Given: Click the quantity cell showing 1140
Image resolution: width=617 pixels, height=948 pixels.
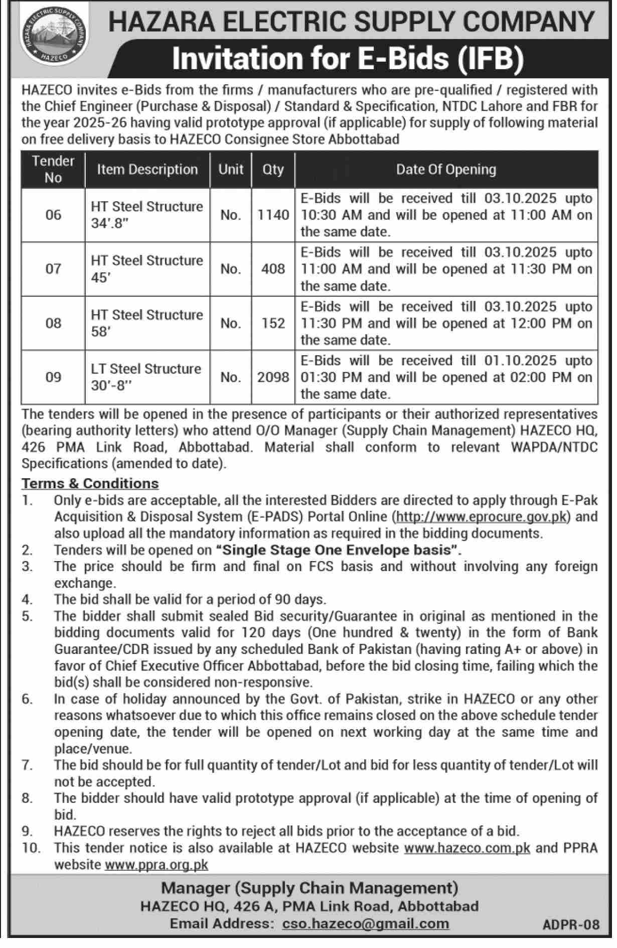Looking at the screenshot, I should pos(273,215).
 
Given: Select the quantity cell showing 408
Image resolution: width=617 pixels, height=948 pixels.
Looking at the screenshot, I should pos(273,269).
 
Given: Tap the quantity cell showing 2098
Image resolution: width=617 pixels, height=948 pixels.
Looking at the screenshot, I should pos(273,377).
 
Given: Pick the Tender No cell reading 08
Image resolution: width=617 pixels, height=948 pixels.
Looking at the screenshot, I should pos(53,323).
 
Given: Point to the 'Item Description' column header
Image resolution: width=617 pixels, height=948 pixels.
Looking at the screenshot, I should pos(147,170).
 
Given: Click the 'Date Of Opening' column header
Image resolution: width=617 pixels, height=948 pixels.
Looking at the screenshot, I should pos(446,170).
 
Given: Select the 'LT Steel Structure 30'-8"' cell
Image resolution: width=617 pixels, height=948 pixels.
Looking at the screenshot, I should pos(146,377).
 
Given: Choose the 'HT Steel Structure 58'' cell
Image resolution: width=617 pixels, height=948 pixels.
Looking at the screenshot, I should pos(147,323).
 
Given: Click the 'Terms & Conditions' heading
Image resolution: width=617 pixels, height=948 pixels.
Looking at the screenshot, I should pos(90,483).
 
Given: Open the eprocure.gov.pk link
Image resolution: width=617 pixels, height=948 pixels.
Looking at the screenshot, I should pos(482,516).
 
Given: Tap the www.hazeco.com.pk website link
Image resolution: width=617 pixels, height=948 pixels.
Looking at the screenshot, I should pos(467,848).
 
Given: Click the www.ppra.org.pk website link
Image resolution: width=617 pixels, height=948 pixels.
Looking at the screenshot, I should pos(156,865).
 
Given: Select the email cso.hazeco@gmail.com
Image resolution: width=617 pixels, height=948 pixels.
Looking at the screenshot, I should pos(366,924).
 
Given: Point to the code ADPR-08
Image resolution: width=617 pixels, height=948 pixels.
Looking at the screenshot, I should pos(571,925).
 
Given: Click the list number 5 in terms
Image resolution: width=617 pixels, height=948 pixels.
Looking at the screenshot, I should pos(27,616).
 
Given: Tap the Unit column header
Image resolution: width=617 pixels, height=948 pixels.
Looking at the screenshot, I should pos(231,170).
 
